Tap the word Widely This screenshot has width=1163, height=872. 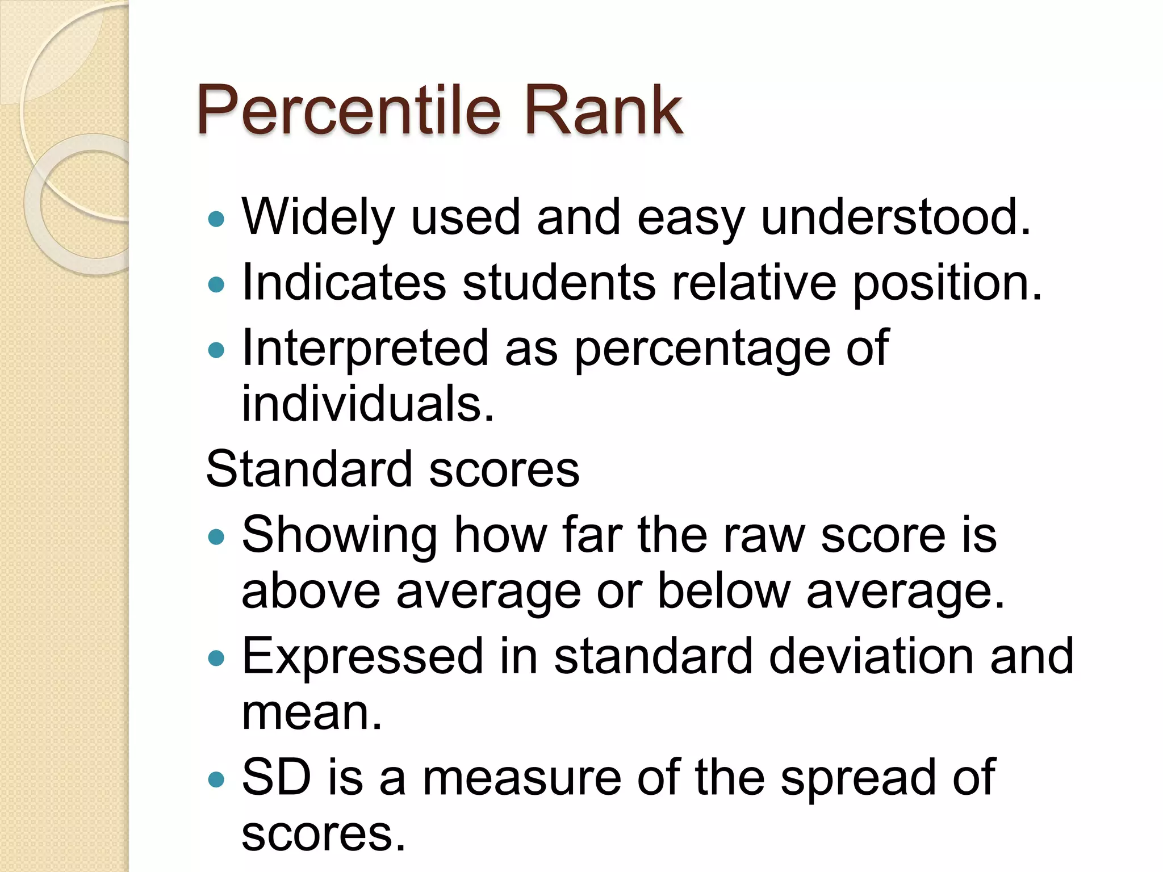pos(318,217)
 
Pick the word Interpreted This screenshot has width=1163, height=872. pos(365,349)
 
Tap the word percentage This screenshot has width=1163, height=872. pos(702,349)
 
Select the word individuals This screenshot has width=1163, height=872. pos(367,404)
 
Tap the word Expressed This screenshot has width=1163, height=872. pos(362,656)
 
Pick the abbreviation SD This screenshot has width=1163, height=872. pos(277,777)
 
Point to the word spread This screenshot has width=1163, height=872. pos(858,777)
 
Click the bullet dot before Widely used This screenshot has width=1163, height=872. pos(216,219)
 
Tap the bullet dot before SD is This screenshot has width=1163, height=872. pos(216,779)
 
